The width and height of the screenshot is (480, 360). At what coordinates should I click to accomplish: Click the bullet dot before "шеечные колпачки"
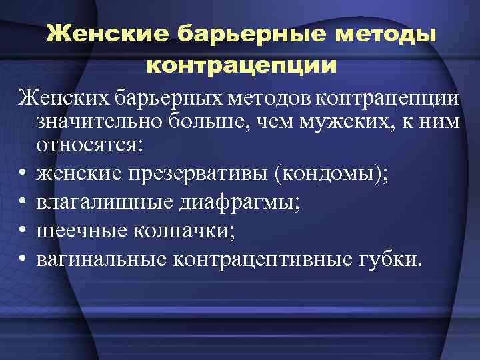tap(23, 231)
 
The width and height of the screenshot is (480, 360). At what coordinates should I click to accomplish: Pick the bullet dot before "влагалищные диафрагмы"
tap(23, 203)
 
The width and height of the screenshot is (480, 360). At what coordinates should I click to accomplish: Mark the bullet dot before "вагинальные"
tap(23, 259)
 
